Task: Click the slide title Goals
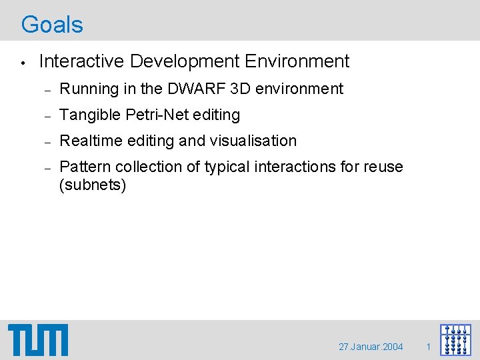click(52, 25)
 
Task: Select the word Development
click(185, 61)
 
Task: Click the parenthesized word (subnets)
click(93, 185)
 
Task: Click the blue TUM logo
click(38, 340)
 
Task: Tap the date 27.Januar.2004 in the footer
click(371, 347)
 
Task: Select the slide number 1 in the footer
click(429, 347)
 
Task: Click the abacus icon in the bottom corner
click(455, 339)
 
